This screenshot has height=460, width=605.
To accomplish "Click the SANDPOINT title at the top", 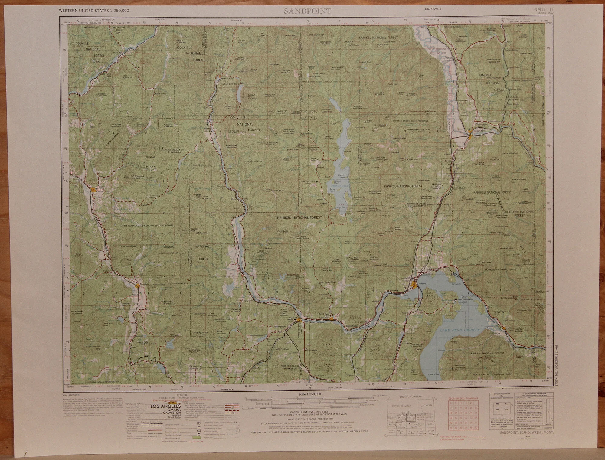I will pos(307,11).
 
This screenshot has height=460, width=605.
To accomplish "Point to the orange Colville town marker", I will pos(94,190).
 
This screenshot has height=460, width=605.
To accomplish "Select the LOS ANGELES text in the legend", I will pos(165,406).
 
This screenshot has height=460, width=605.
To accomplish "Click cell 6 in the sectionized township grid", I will pos(451,403).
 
